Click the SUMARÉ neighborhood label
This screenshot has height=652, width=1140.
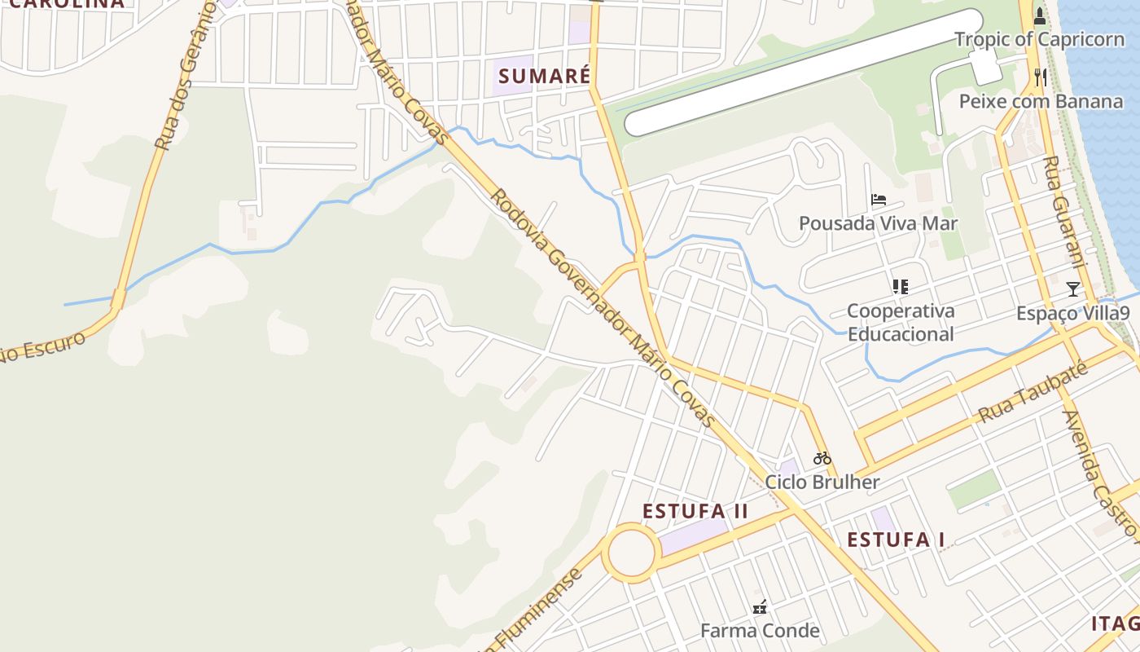click(544, 77)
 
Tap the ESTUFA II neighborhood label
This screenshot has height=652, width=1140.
click(695, 511)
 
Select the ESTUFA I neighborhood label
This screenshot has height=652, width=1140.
click(896, 540)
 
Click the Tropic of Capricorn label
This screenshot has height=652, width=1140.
click(1039, 39)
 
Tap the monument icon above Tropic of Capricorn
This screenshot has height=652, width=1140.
click(1040, 16)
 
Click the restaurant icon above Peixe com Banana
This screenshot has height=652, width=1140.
click(1040, 77)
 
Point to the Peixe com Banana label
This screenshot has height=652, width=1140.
click(1041, 101)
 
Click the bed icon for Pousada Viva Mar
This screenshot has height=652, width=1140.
click(878, 199)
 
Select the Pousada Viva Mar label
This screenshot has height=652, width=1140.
click(878, 223)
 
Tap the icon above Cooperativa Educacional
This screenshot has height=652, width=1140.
click(900, 286)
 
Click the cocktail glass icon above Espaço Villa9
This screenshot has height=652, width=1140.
click(1073, 289)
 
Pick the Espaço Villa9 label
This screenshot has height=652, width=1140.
click(1073, 314)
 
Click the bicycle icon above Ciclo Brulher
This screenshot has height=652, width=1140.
click(822, 458)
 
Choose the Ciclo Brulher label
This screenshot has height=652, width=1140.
click(822, 482)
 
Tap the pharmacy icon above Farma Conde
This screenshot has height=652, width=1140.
click(760, 606)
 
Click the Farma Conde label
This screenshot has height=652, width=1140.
click(760, 631)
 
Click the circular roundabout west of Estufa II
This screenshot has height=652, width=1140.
click(632, 553)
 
